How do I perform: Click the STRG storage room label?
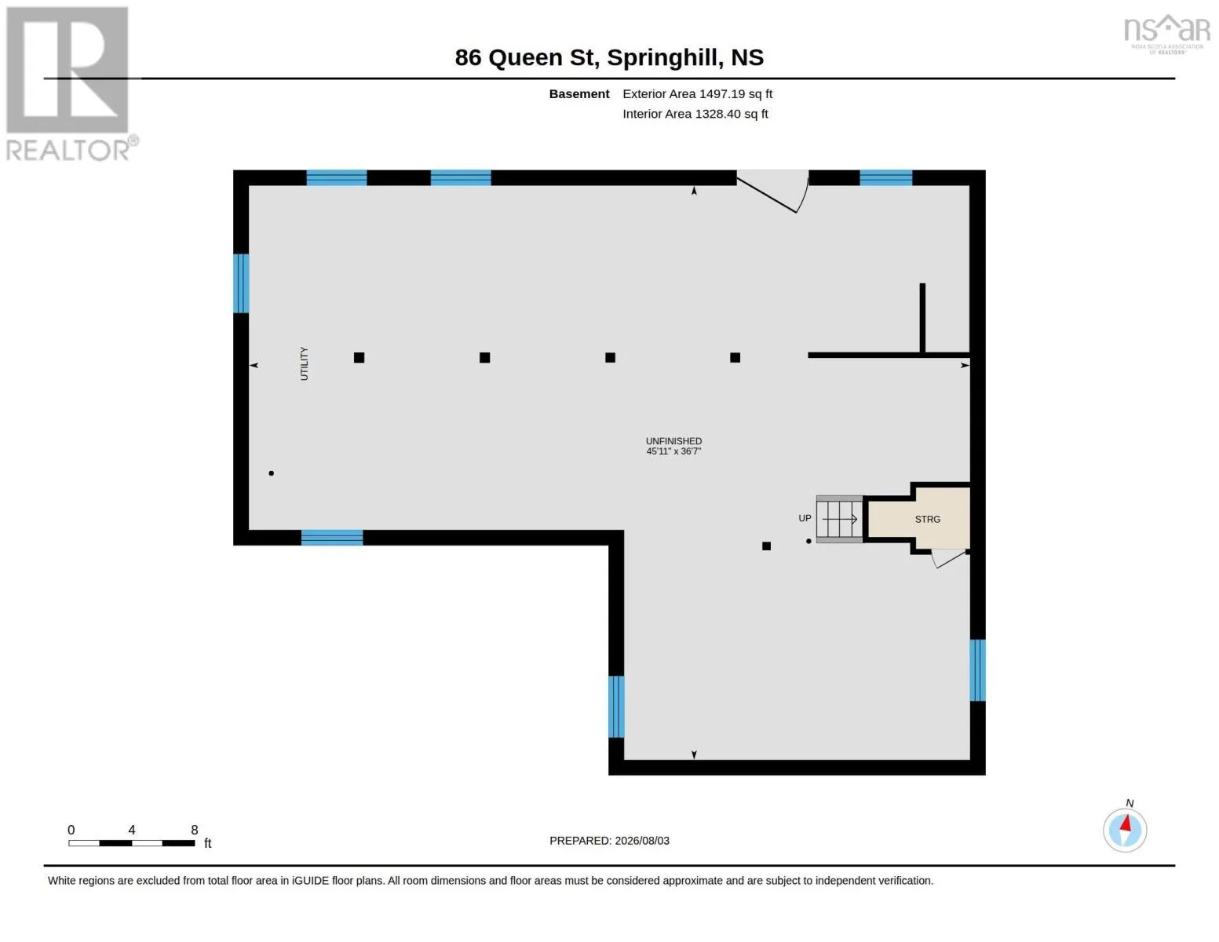927,520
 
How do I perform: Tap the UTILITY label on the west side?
304,363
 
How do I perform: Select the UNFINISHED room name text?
673,441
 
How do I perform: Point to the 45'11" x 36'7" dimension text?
673,451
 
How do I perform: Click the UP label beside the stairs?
805,518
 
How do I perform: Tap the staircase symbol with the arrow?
839,519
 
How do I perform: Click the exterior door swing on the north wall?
773,192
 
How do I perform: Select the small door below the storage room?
949,559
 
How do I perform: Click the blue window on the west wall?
241,283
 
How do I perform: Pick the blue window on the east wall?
977,670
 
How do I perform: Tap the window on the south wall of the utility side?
332,538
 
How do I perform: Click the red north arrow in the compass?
1126,823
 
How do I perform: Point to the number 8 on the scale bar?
194,830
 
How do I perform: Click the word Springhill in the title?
665,57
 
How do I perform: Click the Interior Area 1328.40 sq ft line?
695,114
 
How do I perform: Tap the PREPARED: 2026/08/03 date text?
609,841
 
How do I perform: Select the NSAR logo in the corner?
1167,34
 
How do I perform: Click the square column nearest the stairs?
766,546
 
